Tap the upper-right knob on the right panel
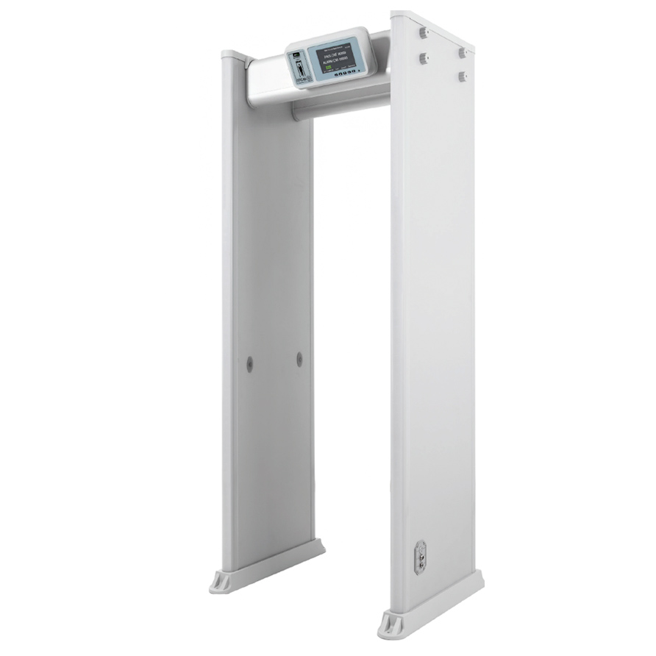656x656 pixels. click(x=462, y=52)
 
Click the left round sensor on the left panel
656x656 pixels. click(x=249, y=363)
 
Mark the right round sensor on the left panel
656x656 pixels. click(x=299, y=359)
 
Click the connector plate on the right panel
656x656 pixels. click(x=421, y=558)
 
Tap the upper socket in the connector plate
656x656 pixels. click(x=421, y=551)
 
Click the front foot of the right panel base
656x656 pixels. click(x=391, y=630)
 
